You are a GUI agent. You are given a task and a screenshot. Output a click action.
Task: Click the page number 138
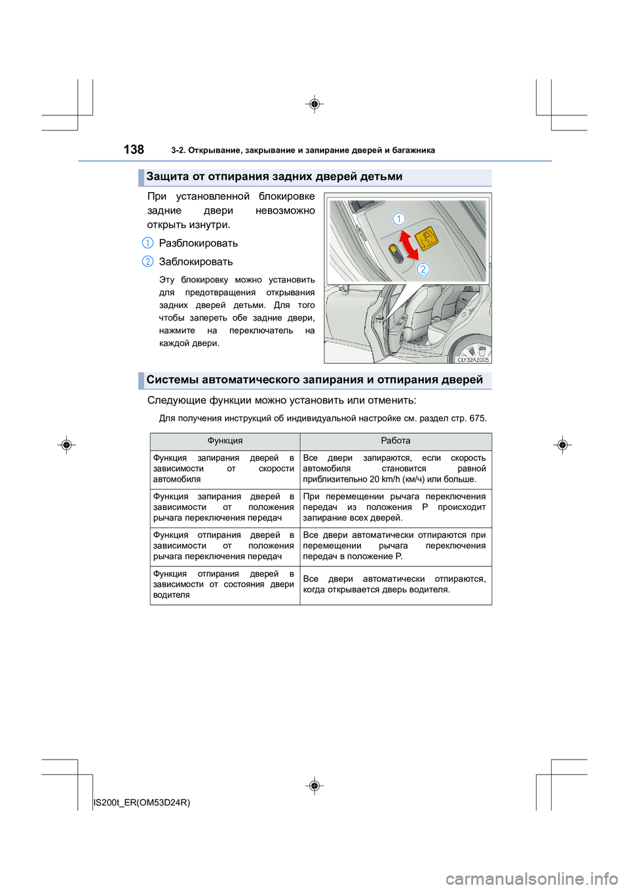[x=134, y=149]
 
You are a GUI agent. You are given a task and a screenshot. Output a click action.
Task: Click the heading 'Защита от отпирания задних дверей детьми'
[x=274, y=177]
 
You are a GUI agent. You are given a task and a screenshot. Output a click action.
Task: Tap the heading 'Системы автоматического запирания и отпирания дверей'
[x=314, y=380]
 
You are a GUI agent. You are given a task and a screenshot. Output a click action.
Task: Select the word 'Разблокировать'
[x=198, y=243]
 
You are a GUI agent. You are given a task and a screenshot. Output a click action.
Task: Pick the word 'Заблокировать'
[x=195, y=261]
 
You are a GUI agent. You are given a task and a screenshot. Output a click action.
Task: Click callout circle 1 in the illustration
[x=398, y=219]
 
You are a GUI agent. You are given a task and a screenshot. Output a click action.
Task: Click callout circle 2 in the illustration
[x=423, y=269]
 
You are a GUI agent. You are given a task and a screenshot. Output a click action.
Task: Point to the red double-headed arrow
[x=409, y=245]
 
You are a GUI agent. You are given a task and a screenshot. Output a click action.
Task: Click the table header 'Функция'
[x=225, y=441]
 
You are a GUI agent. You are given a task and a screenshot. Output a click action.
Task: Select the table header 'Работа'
[x=395, y=441]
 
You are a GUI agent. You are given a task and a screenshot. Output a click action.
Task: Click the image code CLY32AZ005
[x=472, y=360]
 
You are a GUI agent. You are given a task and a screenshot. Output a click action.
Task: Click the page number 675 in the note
[x=477, y=418]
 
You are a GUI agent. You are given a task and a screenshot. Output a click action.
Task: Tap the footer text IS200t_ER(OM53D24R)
[x=142, y=802]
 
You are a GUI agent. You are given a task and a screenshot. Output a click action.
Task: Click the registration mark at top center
[x=314, y=104]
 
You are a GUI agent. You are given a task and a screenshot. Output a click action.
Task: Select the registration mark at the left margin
[x=66, y=445]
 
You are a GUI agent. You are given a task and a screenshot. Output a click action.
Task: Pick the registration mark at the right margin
[x=562, y=445]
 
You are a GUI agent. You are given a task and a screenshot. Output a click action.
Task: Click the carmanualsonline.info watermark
[x=531, y=878]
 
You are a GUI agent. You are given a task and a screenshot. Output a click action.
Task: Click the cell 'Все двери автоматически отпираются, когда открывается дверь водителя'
[x=394, y=585]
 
